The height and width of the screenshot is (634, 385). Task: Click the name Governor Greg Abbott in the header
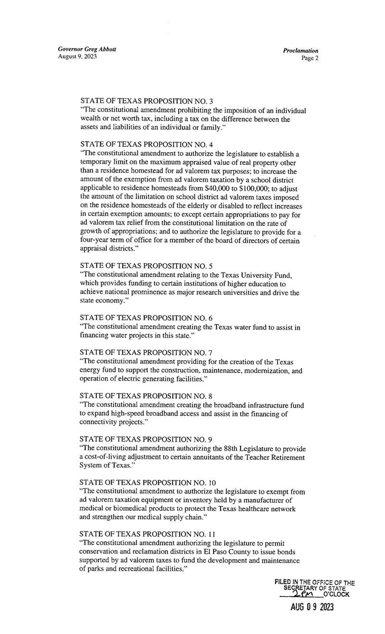pos(87,49)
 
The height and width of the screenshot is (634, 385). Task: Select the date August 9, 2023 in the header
pos(78,57)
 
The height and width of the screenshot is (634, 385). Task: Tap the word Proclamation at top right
pos(300,51)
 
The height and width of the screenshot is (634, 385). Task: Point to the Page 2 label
pos(309,58)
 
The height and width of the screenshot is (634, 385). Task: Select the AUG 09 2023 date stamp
pos(312,607)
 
